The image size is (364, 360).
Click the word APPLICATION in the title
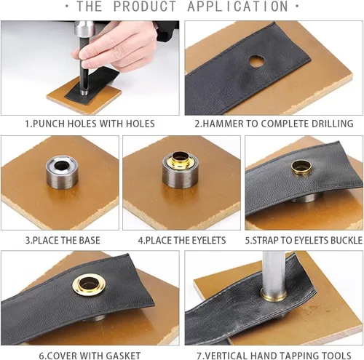[x=238, y=7]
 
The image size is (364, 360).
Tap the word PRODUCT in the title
[x=145, y=7]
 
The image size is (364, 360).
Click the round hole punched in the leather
[x=257, y=61]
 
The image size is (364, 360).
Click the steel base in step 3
[x=62, y=172]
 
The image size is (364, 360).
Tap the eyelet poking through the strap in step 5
[x=301, y=168]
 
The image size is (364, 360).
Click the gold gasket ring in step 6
[x=89, y=285]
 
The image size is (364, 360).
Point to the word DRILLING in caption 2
[x=332, y=124]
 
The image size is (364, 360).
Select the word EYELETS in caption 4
[x=209, y=240]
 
